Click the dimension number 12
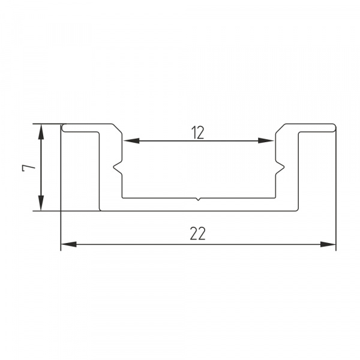point(199,133)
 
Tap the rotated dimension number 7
point(25,168)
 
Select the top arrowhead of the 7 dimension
point(40,131)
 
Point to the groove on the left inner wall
point(119,167)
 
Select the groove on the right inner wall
point(278,167)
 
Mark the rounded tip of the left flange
point(64,128)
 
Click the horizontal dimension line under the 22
point(150,244)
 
